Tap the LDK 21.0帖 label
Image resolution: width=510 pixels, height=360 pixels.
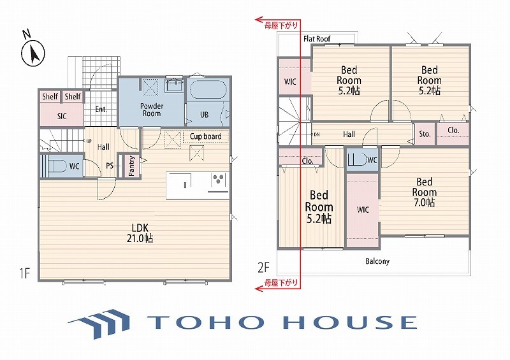point(140,233)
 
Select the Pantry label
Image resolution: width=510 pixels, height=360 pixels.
point(132,166)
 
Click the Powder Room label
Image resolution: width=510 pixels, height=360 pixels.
point(152,110)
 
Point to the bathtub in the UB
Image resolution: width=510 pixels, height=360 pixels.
point(208,90)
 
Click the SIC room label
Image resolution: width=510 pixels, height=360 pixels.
point(62,116)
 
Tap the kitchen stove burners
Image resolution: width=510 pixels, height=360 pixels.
point(218,180)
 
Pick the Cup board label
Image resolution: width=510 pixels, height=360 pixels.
point(205,136)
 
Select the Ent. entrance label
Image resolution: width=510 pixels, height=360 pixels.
point(101,109)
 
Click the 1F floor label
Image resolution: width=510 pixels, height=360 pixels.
point(25,273)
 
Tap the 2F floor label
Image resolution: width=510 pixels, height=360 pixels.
point(264,267)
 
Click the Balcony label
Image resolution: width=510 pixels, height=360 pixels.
point(377,261)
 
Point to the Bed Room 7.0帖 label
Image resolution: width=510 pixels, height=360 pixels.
point(425,192)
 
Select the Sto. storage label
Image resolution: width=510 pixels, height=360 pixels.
point(425,134)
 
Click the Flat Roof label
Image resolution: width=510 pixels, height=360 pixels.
point(317,39)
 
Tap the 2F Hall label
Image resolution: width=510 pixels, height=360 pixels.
point(349,134)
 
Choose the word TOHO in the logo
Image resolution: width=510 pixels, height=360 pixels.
point(205,322)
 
